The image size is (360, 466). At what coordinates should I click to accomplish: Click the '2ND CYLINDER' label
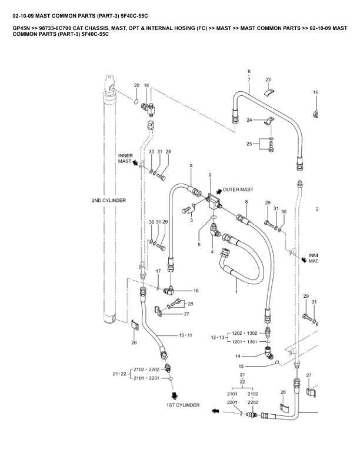[x=108, y=201]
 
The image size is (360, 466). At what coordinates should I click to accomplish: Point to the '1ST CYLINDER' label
[x=182, y=405]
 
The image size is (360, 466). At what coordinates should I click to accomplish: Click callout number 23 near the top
[x=268, y=79]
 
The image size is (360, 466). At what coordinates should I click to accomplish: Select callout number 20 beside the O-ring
[x=136, y=86]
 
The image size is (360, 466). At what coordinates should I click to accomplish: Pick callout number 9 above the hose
[x=191, y=167]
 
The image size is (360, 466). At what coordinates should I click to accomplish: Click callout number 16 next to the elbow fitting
[x=196, y=291]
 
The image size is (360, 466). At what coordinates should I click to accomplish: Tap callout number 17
[x=158, y=271]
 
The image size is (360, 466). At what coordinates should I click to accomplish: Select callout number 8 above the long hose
[x=246, y=202]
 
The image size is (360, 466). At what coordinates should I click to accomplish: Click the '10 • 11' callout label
[x=185, y=335]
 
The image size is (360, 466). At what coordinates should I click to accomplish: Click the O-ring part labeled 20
[x=136, y=101]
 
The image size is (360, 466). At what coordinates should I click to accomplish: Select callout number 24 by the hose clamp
[x=249, y=120]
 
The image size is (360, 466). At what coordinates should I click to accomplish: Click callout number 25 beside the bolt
[x=249, y=143]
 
